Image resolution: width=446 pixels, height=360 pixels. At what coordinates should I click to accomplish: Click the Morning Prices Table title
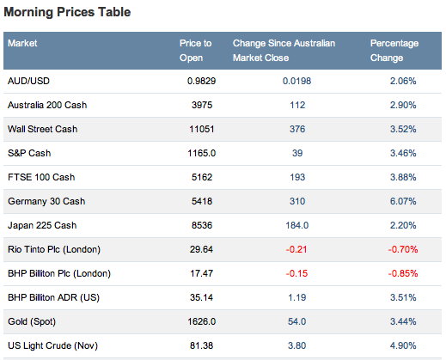(67, 12)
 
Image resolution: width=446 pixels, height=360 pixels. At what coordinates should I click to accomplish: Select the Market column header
(22, 43)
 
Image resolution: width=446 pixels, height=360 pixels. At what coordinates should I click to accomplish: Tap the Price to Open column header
(195, 51)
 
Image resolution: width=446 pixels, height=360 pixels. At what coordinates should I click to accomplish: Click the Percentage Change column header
(394, 51)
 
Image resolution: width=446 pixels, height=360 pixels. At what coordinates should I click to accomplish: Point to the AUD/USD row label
(28, 81)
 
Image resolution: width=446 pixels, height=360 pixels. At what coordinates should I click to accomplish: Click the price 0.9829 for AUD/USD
(201, 81)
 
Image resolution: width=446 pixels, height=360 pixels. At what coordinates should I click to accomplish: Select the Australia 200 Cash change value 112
(297, 105)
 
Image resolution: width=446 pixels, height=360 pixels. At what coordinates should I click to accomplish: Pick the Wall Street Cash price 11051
(202, 129)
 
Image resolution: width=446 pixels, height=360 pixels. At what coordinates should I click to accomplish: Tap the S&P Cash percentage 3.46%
(403, 153)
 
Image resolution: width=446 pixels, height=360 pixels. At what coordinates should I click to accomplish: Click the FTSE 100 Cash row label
(41, 177)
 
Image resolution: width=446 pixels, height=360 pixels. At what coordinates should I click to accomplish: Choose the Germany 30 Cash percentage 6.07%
(403, 201)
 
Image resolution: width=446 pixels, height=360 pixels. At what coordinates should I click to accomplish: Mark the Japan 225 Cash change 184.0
(297, 225)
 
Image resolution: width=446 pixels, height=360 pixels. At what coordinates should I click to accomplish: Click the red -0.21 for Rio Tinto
(296, 249)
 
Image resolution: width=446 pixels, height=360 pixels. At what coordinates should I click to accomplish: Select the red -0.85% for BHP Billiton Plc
(403, 273)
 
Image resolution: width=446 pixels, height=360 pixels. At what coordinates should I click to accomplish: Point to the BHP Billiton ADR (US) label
(53, 297)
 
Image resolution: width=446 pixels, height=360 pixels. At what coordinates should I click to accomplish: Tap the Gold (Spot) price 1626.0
(201, 321)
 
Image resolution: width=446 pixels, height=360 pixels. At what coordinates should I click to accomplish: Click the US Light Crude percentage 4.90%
(403, 345)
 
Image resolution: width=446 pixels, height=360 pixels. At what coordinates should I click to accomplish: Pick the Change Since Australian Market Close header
(284, 51)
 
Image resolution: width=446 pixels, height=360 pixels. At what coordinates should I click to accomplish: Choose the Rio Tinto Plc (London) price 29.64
(201, 249)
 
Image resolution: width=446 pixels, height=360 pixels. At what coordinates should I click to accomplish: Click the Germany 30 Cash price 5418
(202, 201)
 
